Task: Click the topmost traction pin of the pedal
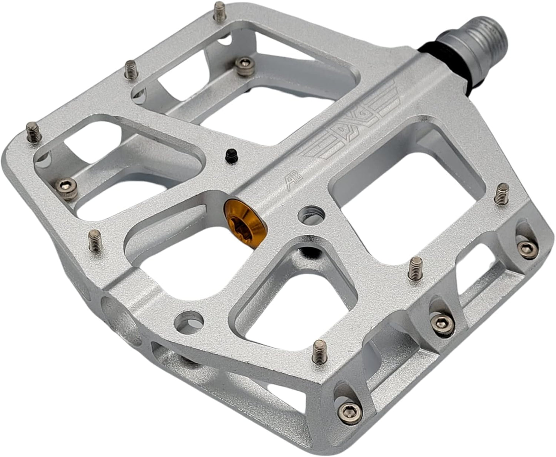[x=220, y=10]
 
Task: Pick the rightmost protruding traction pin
[x=502, y=193]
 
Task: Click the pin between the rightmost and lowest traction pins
[x=415, y=268]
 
